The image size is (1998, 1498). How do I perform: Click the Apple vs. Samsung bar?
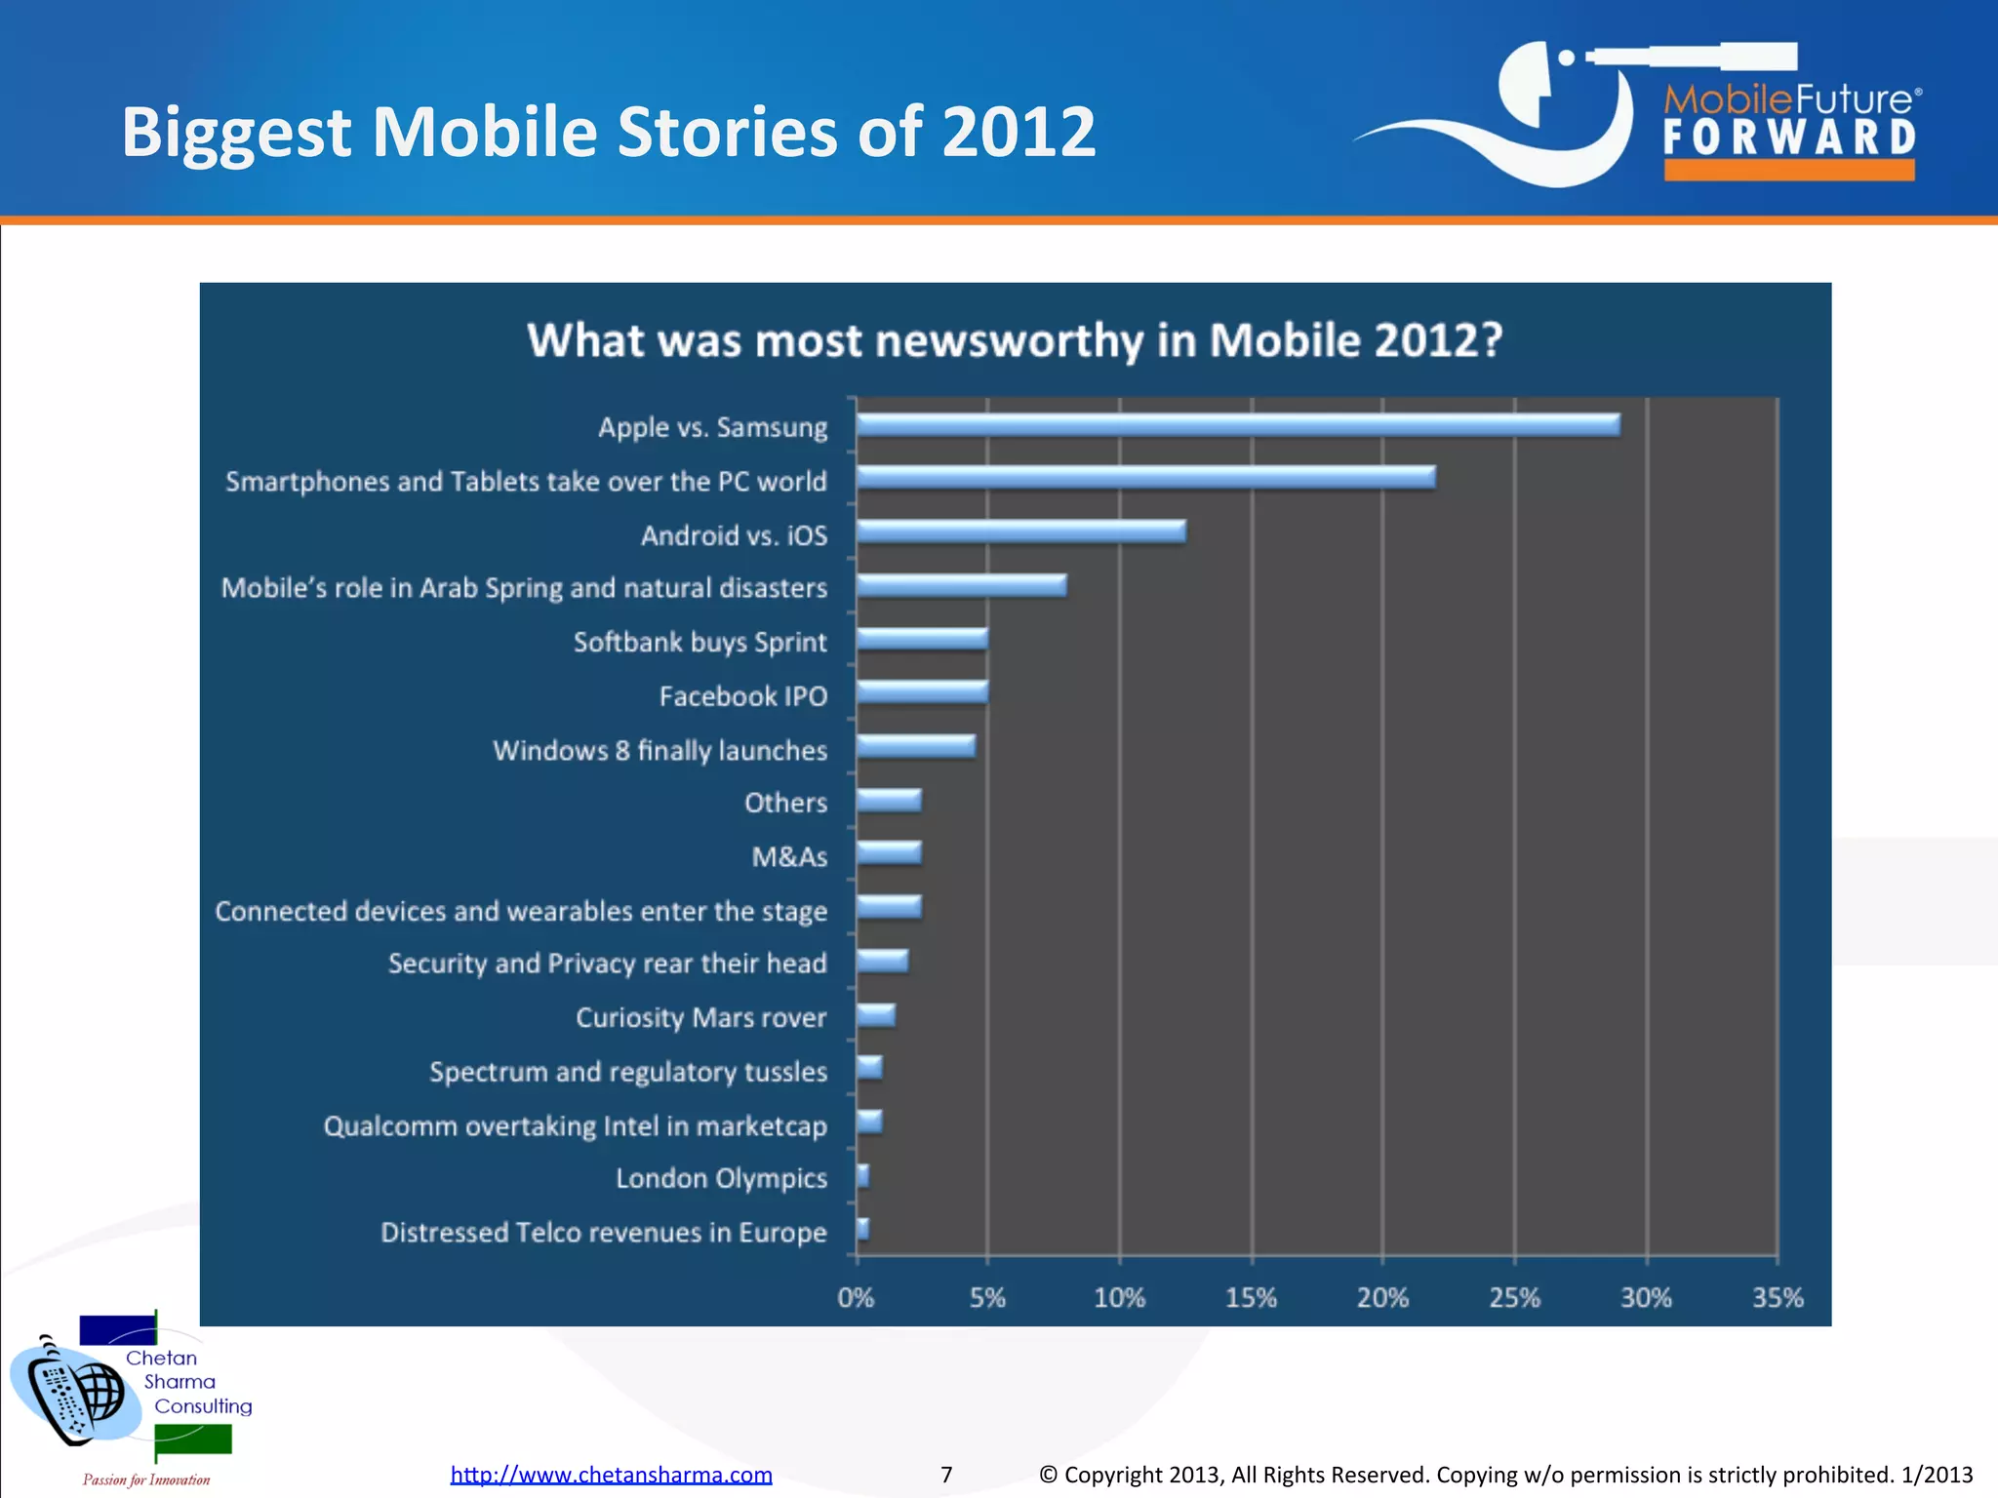tap(1237, 425)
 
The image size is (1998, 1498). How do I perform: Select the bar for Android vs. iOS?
tap(1020, 532)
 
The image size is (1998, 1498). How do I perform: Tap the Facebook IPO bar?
tap(922, 692)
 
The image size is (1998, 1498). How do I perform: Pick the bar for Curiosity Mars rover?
tap(876, 1015)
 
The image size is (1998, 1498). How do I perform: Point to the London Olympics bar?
tap(863, 1176)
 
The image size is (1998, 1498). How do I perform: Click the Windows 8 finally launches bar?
tap(915, 746)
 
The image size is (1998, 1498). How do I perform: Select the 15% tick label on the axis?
tap(1251, 1298)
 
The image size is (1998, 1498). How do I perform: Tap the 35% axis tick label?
tap(1778, 1298)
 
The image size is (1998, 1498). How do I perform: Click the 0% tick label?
tap(856, 1298)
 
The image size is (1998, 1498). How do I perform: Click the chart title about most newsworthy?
tap(1015, 341)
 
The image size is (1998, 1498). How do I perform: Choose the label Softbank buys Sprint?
tap(699, 642)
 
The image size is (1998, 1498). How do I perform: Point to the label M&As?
tap(789, 856)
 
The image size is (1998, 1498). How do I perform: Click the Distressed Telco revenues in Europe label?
tap(603, 1232)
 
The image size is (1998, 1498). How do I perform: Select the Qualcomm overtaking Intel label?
tap(575, 1125)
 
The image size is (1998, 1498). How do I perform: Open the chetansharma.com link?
tap(611, 1475)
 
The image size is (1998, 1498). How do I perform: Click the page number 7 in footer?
tap(946, 1475)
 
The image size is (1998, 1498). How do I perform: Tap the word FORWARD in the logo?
tap(1789, 138)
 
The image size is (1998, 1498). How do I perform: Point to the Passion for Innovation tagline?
tap(146, 1479)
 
